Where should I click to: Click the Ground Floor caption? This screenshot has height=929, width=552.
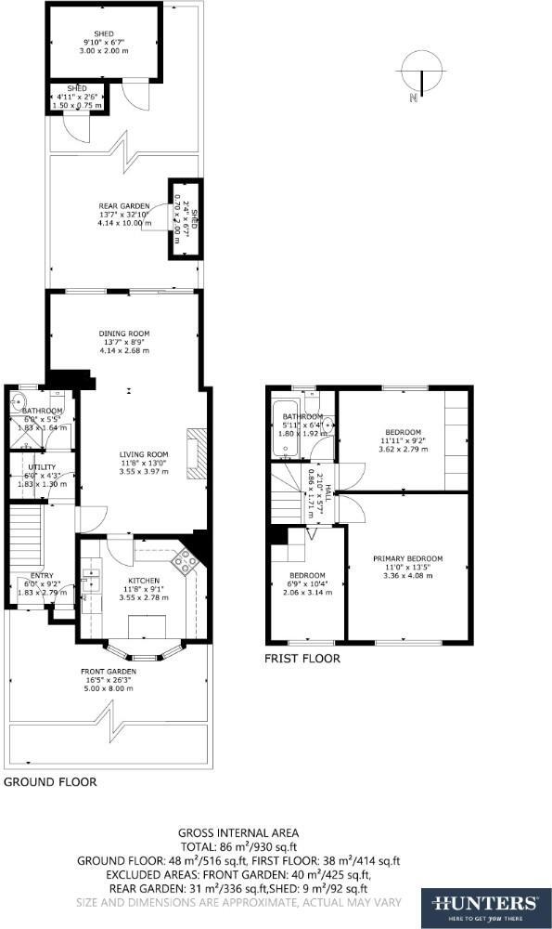point(50,782)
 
